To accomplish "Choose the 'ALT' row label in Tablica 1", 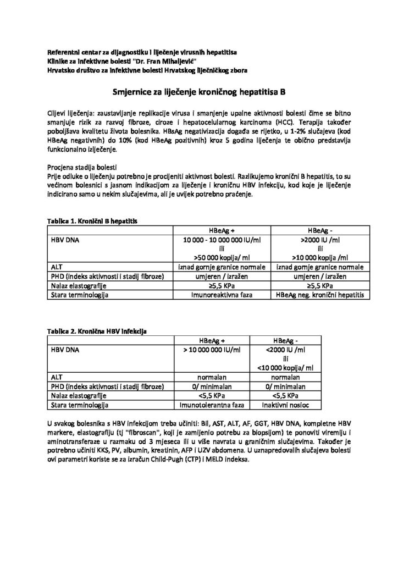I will [56, 267].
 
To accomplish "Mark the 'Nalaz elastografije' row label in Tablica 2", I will [78, 395].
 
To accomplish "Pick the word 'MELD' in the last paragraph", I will [219, 460].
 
